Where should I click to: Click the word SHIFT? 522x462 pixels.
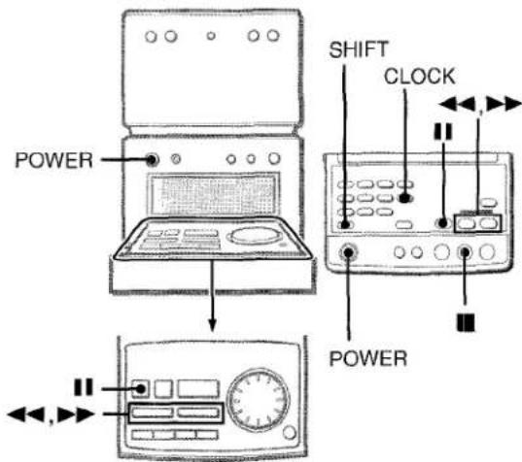pos(359,49)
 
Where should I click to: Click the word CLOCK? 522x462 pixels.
pos(420,77)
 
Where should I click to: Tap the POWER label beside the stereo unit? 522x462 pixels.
pos(53,160)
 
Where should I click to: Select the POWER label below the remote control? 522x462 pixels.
pos(368,358)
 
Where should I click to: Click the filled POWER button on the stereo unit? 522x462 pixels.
pos(152,160)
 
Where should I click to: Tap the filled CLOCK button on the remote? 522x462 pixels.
pos(404,198)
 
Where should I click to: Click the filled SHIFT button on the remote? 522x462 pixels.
pos(345,224)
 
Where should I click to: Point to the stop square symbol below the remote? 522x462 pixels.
pos(466,322)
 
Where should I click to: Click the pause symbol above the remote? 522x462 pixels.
pos(443,131)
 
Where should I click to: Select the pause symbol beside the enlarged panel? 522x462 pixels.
pos(84,387)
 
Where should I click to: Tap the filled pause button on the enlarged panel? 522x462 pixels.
pos(141,389)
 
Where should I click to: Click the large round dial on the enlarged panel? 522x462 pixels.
pos(259,400)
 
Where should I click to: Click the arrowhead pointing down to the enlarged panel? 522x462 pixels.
pos(212,325)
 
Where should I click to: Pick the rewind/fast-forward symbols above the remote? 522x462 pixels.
pos(480,105)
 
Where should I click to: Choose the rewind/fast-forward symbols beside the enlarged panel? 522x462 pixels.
pos(51,415)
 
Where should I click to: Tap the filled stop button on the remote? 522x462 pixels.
pos(465,253)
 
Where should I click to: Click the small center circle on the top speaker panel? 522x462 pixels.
pos(211,36)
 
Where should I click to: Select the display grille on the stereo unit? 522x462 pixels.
pos(213,194)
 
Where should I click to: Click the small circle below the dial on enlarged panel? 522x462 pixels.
pos(289,433)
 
